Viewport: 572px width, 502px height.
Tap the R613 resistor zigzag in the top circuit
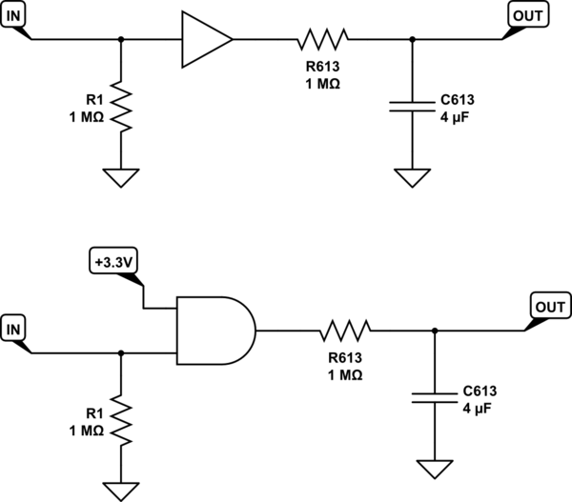click(x=323, y=39)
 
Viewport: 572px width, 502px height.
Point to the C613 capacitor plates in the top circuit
click(x=412, y=108)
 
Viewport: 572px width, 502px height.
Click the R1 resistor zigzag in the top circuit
click(x=121, y=107)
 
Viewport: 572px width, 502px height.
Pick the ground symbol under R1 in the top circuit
click(x=121, y=177)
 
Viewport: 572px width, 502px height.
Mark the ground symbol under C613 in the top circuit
click(x=412, y=177)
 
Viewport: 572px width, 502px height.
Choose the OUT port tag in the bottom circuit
click(x=549, y=308)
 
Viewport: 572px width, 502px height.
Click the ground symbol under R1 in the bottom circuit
click(x=121, y=491)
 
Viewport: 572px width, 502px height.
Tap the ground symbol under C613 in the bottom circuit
click(x=435, y=468)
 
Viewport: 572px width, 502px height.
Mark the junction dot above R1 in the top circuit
click(x=121, y=39)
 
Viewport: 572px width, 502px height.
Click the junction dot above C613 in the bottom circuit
click(x=435, y=331)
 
